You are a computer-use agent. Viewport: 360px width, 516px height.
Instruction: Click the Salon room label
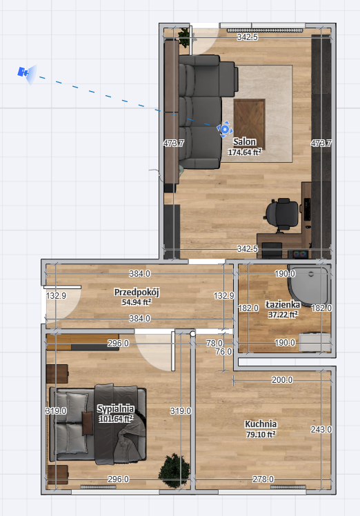pos(245,142)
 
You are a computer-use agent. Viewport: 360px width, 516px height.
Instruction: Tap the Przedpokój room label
pos(137,292)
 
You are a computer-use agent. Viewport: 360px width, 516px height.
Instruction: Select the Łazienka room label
pos(283,304)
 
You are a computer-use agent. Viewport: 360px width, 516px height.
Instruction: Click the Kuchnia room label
pos(261,424)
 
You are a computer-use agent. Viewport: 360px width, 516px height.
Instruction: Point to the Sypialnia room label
pos(115,408)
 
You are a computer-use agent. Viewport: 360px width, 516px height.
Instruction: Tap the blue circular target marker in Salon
pos(225,129)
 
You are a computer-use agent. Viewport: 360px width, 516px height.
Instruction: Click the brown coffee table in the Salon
pos(250,120)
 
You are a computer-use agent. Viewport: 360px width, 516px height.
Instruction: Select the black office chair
pos(281,215)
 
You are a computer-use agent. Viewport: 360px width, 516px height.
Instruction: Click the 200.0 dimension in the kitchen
pos(282,380)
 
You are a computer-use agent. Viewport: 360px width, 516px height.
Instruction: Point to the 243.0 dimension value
pos(321,430)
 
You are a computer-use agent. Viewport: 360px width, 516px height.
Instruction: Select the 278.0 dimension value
pos(263,479)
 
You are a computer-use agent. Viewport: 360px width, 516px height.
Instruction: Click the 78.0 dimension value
pos(214,344)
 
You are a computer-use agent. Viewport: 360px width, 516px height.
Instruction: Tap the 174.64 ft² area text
pos(245,152)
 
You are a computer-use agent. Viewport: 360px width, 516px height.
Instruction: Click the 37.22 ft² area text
pos(283,315)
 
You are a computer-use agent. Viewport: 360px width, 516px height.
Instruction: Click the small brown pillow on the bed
pos(87,423)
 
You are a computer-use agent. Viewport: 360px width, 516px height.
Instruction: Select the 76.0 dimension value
pos(223,352)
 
